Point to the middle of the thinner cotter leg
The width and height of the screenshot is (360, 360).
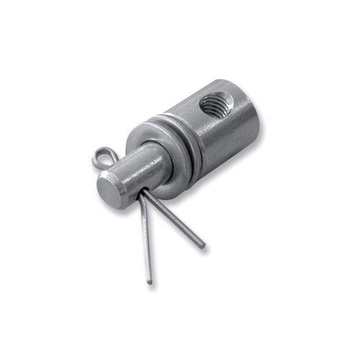(146, 238)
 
